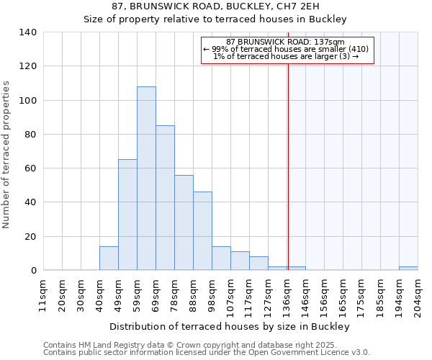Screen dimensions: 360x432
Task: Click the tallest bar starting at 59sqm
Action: coord(146,179)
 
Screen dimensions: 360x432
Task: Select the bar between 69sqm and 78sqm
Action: coord(165,198)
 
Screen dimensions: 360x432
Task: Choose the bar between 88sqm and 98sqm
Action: coord(202,231)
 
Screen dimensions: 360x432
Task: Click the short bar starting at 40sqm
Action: coord(109,258)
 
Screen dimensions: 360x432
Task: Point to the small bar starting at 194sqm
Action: coord(408,269)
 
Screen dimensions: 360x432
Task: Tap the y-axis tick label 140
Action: coord(28,32)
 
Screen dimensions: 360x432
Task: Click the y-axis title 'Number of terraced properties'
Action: coord(7,155)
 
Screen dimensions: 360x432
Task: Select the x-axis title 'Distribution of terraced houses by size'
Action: coord(230,326)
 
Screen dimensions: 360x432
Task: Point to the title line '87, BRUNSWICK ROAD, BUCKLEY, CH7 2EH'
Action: coord(215,6)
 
